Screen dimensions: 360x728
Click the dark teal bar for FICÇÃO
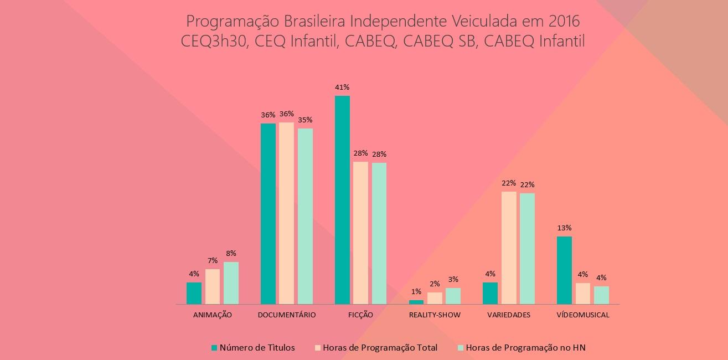click(x=342, y=200)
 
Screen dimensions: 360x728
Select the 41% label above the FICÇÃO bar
click(x=342, y=88)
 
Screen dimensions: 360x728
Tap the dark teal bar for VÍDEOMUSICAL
click(x=564, y=270)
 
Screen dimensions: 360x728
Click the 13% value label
click(x=565, y=228)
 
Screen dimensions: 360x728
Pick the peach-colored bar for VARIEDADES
click(x=509, y=248)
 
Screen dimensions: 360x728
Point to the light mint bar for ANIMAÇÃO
click(x=231, y=283)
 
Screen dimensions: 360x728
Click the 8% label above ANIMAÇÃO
click(x=231, y=253)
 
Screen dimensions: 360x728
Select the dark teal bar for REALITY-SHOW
click(x=416, y=302)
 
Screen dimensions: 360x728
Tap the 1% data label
click(x=416, y=291)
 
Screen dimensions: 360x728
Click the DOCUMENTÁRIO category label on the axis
click(x=287, y=315)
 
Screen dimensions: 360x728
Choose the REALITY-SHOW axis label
click(x=435, y=315)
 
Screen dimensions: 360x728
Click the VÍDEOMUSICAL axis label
click(x=583, y=315)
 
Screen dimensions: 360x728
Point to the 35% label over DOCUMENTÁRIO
click(x=306, y=120)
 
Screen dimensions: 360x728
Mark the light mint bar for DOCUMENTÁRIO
click(x=305, y=216)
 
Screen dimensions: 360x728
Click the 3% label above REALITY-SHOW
click(x=453, y=280)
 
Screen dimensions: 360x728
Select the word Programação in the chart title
click(x=233, y=22)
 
